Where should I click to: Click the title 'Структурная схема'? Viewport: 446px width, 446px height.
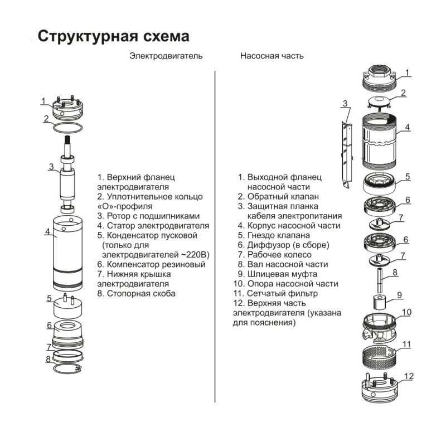(113, 36)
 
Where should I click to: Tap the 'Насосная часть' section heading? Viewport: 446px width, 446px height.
(272, 56)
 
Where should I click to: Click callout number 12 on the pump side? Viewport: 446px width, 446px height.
(409, 376)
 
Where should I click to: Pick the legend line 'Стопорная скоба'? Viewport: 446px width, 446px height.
(136, 293)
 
